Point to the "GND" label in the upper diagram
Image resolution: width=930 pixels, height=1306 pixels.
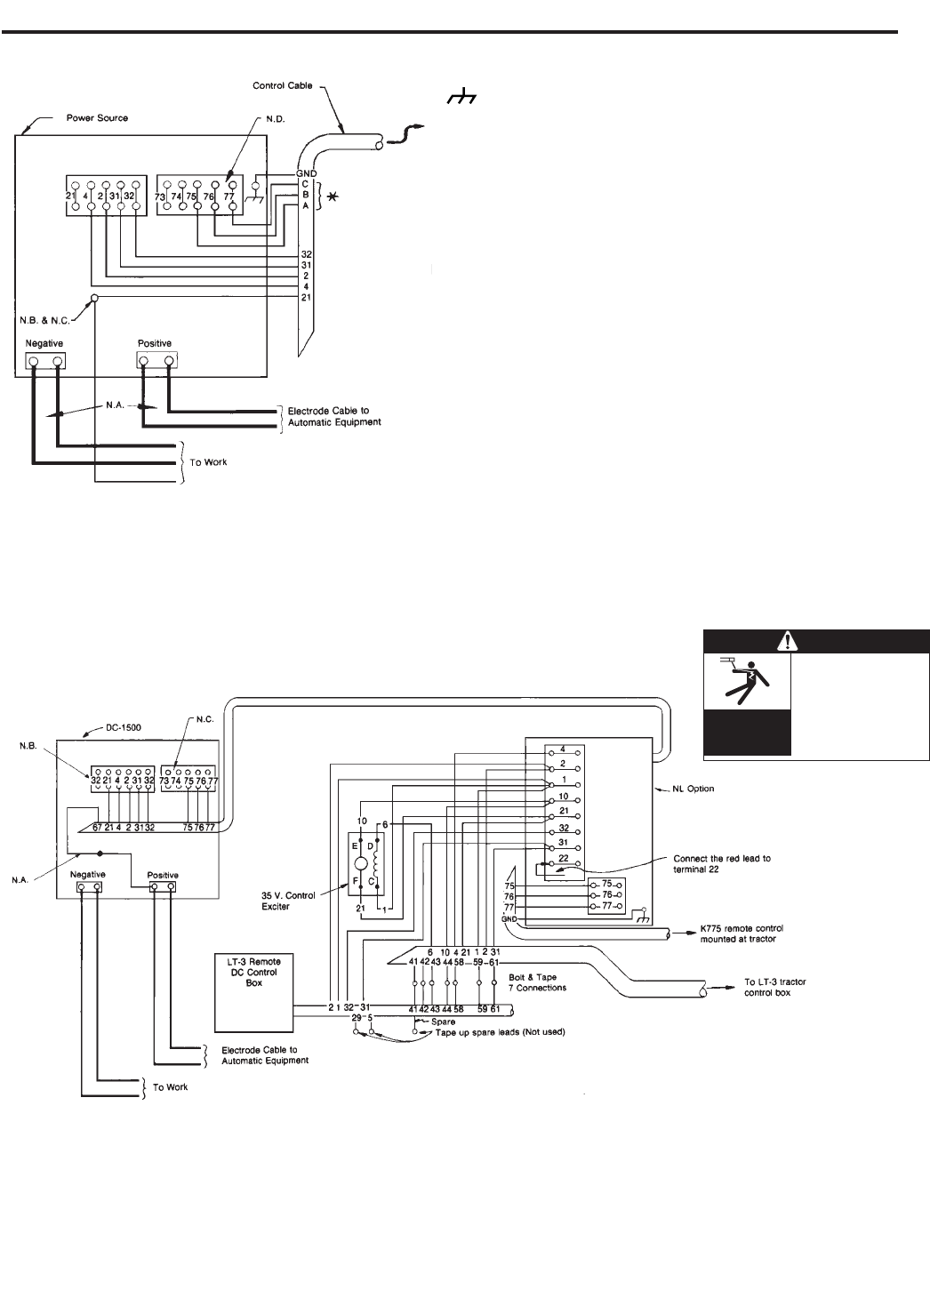click(307, 173)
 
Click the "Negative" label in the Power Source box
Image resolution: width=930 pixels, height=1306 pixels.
click(44, 342)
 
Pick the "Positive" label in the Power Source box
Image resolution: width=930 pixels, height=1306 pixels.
click(155, 343)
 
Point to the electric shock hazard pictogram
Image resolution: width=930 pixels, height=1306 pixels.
click(747, 681)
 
